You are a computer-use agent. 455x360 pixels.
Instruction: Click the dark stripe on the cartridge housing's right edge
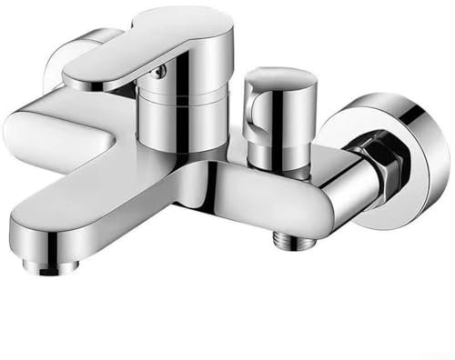207,123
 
